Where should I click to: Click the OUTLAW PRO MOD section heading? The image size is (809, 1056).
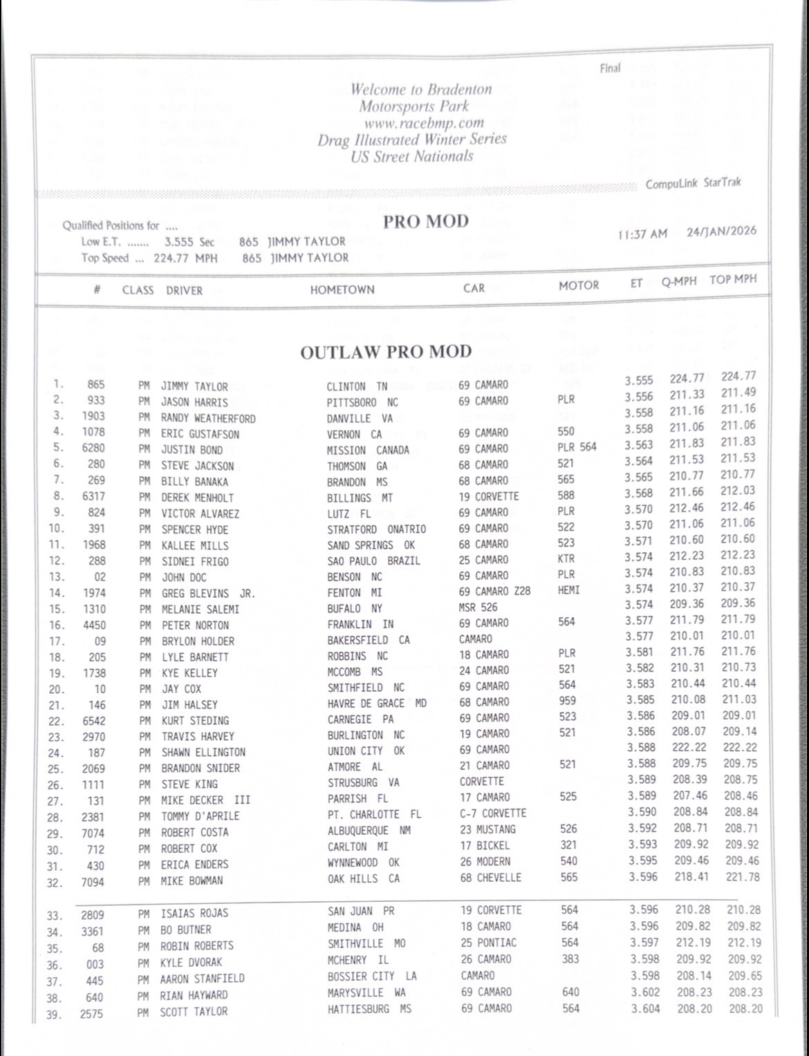[x=385, y=352]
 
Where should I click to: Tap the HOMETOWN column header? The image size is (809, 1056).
[x=342, y=290]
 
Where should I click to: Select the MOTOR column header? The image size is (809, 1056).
[x=579, y=285]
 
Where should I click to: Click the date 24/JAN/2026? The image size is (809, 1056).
[x=721, y=231]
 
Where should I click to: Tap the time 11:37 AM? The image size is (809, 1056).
[x=642, y=234]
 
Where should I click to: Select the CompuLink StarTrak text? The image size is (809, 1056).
[x=693, y=183]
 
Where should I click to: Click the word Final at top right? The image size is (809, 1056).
[x=610, y=68]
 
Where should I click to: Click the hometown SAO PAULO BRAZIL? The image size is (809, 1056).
[x=373, y=560]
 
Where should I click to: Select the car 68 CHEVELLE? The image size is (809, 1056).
[x=490, y=878]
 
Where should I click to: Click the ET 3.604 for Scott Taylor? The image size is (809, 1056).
[x=645, y=1009]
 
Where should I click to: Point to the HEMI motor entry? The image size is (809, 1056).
[x=568, y=590]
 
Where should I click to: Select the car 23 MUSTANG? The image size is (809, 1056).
[x=487, y=829]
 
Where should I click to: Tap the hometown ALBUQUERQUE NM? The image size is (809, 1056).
[x=369, y=830]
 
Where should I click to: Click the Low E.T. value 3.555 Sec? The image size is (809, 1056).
[x=189, y=242]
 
